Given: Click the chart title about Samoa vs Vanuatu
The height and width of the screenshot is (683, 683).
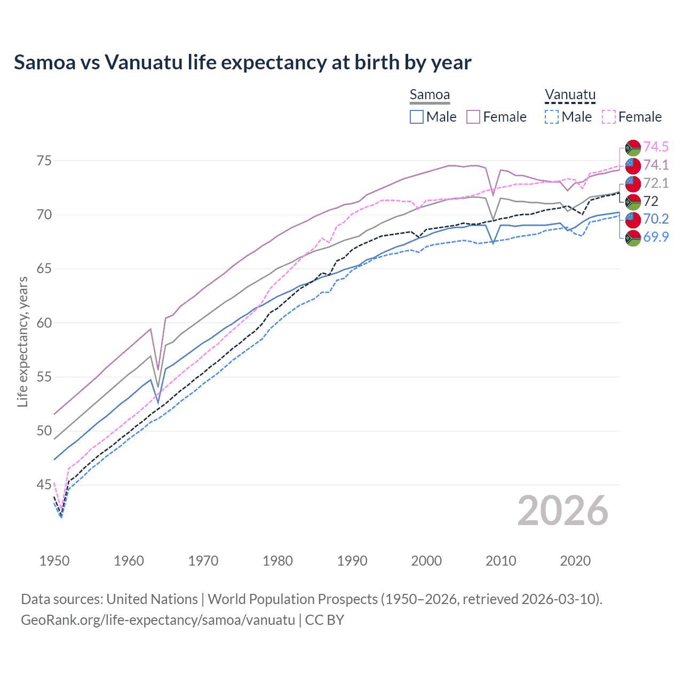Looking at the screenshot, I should (242, 62).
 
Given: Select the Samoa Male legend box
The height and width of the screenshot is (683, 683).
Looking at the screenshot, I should (417, 117).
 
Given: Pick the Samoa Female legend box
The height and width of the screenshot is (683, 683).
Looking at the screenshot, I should (473, 117).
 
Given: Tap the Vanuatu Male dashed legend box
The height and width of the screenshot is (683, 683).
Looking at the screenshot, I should (552, 117).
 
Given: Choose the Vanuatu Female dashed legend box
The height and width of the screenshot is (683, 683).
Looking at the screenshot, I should (609, 117).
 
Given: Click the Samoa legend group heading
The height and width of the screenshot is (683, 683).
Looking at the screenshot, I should (430, 95).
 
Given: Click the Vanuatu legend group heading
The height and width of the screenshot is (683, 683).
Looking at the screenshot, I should (570, 95).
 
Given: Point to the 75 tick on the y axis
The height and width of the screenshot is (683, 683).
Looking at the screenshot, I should (44, 161).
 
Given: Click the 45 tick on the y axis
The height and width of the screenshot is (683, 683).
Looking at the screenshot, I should (44, 485).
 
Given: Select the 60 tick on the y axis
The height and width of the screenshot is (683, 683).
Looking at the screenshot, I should (44, 323).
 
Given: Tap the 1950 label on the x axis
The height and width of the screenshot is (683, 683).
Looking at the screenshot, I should (54, 561).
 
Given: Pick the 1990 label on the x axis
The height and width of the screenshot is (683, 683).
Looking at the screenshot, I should (352, 561).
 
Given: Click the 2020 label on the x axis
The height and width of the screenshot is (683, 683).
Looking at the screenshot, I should (575, 561).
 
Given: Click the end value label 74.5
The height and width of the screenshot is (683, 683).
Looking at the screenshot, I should (656, 147).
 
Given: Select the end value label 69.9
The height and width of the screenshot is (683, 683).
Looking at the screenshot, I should (656, 237).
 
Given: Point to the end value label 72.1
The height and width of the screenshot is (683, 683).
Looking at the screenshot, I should (656, 184).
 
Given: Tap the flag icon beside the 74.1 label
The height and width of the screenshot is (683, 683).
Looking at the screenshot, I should (633, 165).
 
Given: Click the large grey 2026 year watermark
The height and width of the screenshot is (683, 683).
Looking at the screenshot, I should (562, 511).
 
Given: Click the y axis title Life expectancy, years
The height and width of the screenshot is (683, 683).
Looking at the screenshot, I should (22, 341).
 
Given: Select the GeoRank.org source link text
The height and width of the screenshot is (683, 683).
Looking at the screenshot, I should (158, 620).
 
